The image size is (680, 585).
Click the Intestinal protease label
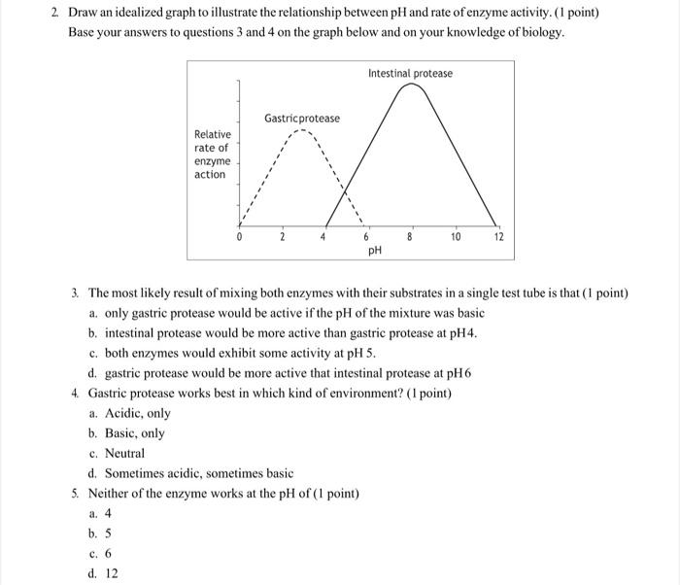tap(410, 73)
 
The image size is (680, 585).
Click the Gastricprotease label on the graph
tap(302, 119)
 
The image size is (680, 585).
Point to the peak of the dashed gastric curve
tap(304, 131)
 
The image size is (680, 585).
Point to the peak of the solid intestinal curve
tap(411, 85)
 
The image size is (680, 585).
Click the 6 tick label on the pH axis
tap(367, 236)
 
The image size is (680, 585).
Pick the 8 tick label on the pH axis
tap(410, 236)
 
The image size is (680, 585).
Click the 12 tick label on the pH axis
tap(498, 236)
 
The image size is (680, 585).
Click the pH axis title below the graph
tap(375, 250)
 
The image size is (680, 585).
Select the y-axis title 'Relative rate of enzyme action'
tap(213, 155)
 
